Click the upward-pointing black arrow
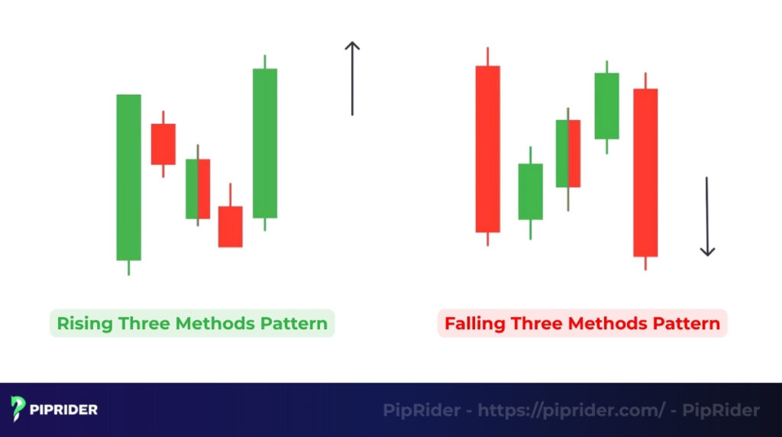point(351,79)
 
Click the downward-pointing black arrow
point(707,217)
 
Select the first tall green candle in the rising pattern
point(128,177)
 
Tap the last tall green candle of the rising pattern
point(265,143)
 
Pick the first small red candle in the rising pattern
point(163,144)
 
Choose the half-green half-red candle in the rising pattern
point(198,189)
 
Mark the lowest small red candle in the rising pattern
point(230,226)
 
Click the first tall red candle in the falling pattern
point(487,149)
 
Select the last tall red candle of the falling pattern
point(645,173)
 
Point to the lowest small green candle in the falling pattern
point(530,191)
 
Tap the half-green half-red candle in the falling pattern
point(568,154)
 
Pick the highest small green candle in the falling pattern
point(606,105)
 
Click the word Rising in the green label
point(86,323)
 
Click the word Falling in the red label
point(475,323)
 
